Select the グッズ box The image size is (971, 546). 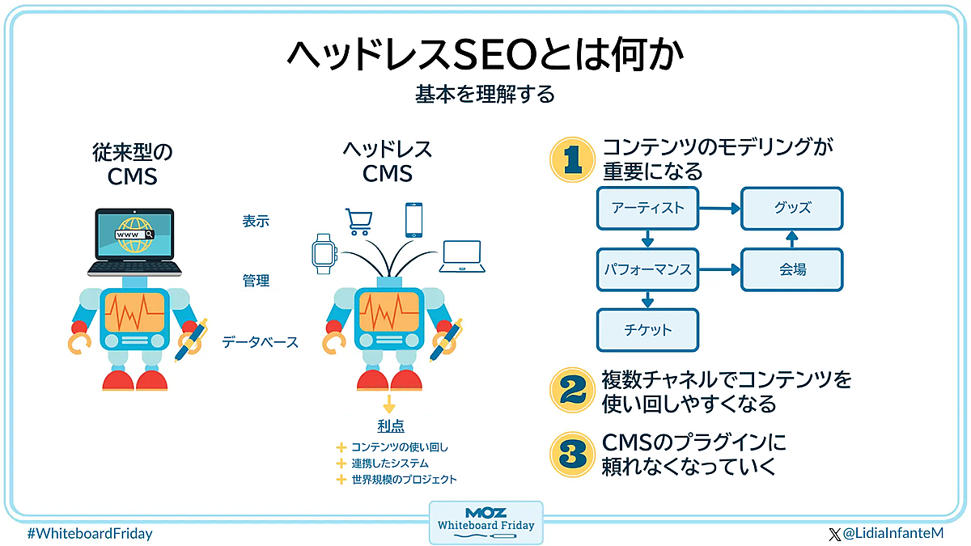click(792, 208)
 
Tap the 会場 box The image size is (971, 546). click(792, 269)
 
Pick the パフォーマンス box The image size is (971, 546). click(647, 269)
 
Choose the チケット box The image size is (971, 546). click(647, 330)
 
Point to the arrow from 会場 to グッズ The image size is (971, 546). click(792, 239)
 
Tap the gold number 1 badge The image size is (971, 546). click(573, 159)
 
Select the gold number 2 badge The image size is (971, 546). click(573, 390)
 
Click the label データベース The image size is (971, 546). click(260, 342)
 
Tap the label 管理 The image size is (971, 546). click(256, 281)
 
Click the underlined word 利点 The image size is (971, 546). click(390, 425)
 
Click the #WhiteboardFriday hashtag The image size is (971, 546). click(89, 534)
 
